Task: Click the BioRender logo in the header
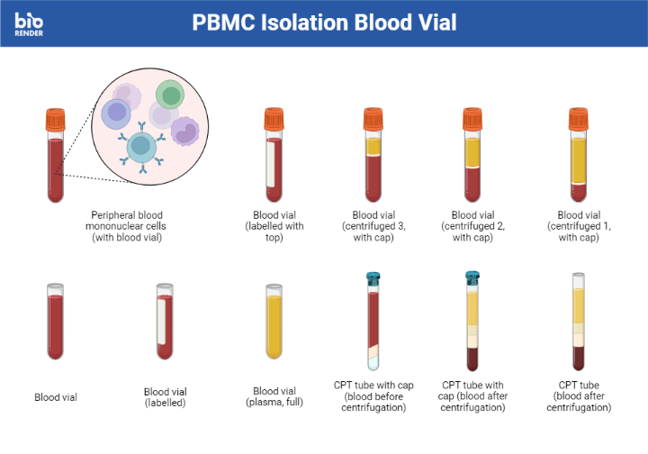point(29,24)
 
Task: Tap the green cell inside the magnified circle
point(170,95)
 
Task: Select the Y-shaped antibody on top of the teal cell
point(142,127)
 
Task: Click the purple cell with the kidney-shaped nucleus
point(185,132)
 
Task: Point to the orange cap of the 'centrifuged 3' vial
point(373,119)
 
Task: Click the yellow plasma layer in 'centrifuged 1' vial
point(579,160)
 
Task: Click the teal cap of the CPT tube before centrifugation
point(373,279)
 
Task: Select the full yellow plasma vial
point(274,322)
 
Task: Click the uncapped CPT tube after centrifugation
point(579,322)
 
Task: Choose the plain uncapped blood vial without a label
point(56,322)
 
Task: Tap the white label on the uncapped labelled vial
point(161,322)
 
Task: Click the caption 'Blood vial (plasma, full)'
point(274,396)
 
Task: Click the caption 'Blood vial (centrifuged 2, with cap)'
point(472,226)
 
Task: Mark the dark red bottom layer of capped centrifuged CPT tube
point(472,359)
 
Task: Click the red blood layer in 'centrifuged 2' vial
point(472,184)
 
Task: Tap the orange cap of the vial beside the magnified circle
point(56,120)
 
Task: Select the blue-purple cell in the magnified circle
point(116,113)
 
